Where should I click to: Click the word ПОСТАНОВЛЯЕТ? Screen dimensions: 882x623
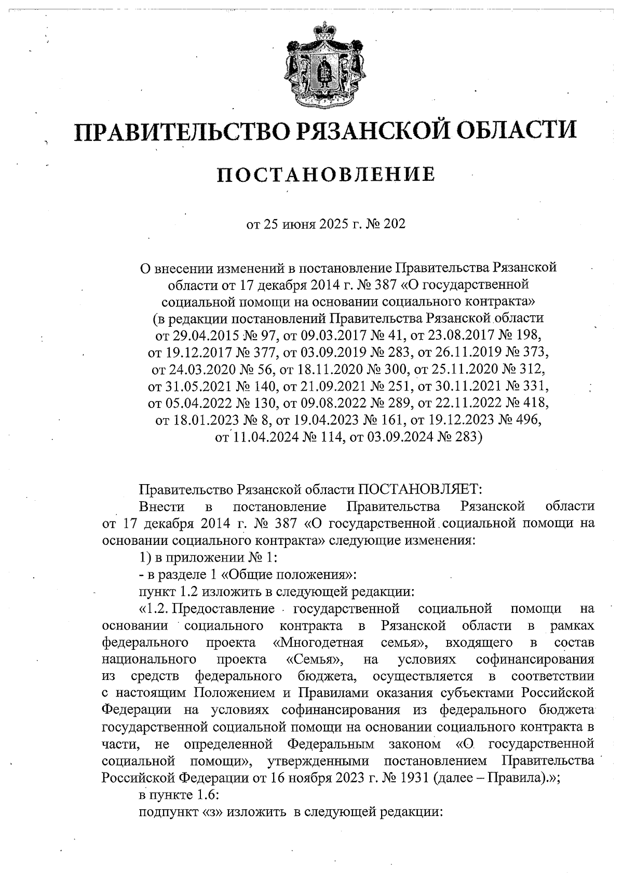coord(419,489)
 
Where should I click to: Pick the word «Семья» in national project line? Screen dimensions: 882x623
coord(314,659)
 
